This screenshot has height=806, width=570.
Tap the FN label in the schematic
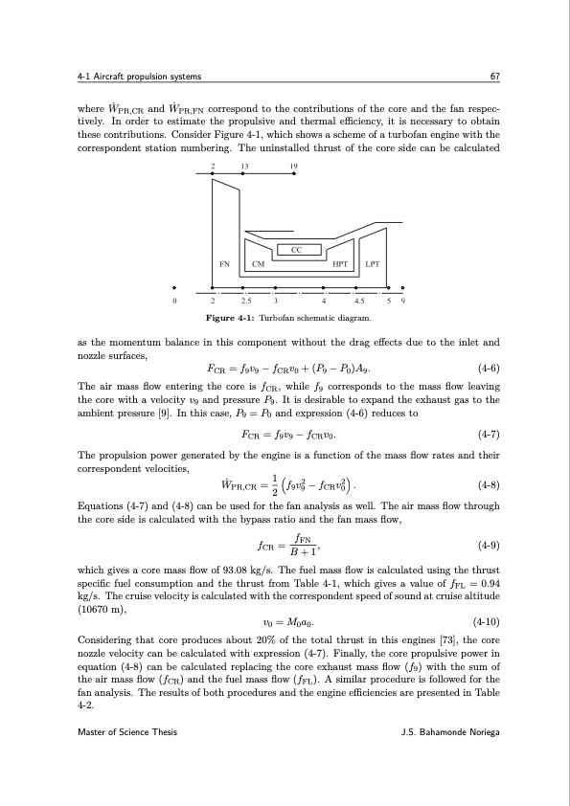click(224, 263)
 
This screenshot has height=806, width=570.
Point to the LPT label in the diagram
click(374, 263)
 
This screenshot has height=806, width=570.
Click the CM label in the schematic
click(258, 263)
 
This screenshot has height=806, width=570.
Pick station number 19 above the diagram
click(294, 166)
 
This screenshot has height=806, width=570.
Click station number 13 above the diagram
click(245, 166)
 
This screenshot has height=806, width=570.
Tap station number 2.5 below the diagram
click(245, 301)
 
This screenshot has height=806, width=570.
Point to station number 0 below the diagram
click(174, 301)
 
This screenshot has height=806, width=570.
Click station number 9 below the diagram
click(403, 301)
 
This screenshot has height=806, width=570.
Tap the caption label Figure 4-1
click(229, 317)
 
